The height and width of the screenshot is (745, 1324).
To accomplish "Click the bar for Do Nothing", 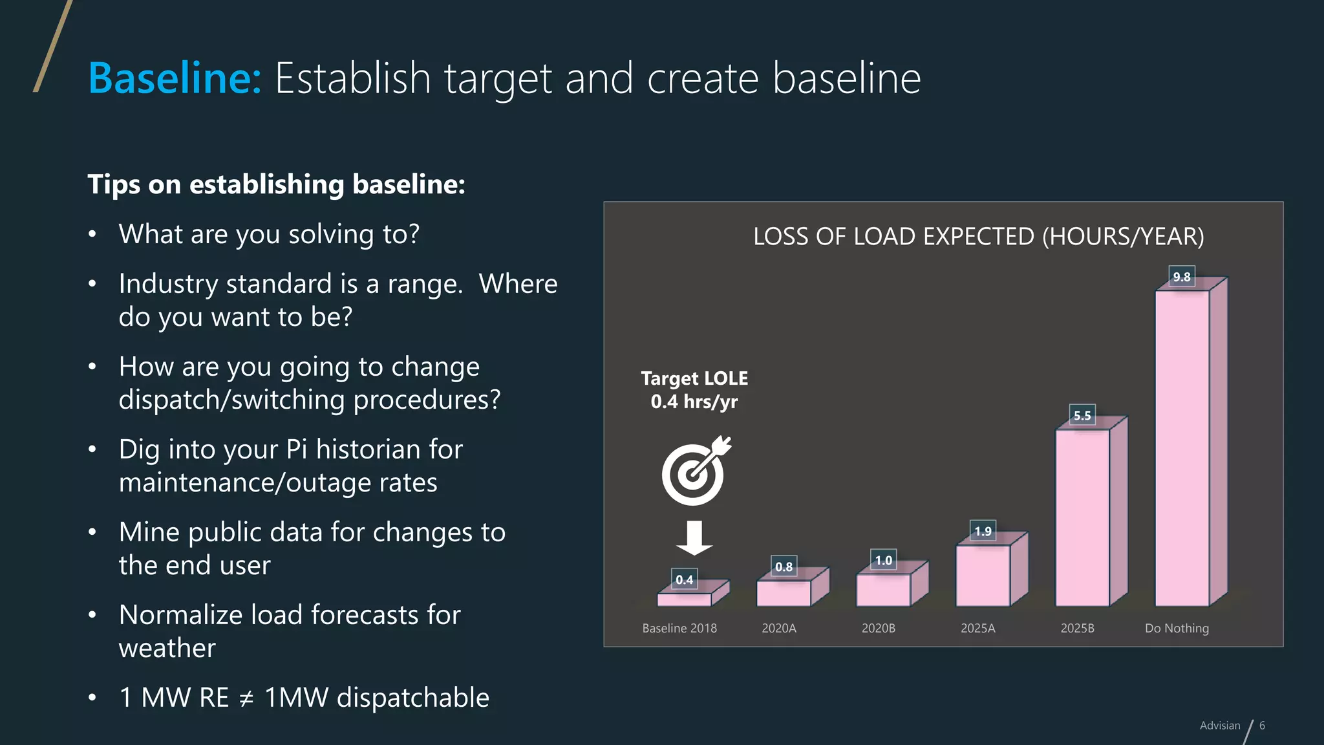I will [x=1182, y=448].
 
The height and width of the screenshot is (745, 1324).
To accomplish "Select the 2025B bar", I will [x=1082, y=517].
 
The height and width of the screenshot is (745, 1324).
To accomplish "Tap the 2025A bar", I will [x=983, y=576].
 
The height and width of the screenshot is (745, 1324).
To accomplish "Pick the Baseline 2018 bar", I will [x=684, y=599].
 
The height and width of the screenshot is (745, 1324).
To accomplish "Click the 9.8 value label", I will [x=1182, y=277].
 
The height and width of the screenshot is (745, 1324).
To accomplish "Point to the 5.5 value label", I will [x=1082, y=415].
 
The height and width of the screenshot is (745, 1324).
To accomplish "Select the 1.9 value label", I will [x=983, y=531].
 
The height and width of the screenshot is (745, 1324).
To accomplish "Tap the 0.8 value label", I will [x=784, y=567].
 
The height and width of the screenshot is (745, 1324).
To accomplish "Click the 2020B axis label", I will [x=878, y=628].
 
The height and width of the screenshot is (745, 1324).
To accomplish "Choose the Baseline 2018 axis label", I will [x=679, y=628].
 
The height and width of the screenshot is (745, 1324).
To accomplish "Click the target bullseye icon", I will [x=694, y=472].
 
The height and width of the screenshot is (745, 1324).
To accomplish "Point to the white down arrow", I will [x=694, y=537].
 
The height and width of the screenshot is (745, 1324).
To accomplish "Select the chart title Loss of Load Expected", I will [x=978, y=237].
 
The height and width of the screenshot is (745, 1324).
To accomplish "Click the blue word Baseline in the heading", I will [x=175, y=78].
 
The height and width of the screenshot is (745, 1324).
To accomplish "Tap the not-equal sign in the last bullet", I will [x=246, y=698].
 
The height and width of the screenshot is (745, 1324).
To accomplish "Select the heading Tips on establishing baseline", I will [x=276, y=184].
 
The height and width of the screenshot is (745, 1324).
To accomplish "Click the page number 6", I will [x=1262, y=726].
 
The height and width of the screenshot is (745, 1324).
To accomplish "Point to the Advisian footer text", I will [x=1220, y=726].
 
